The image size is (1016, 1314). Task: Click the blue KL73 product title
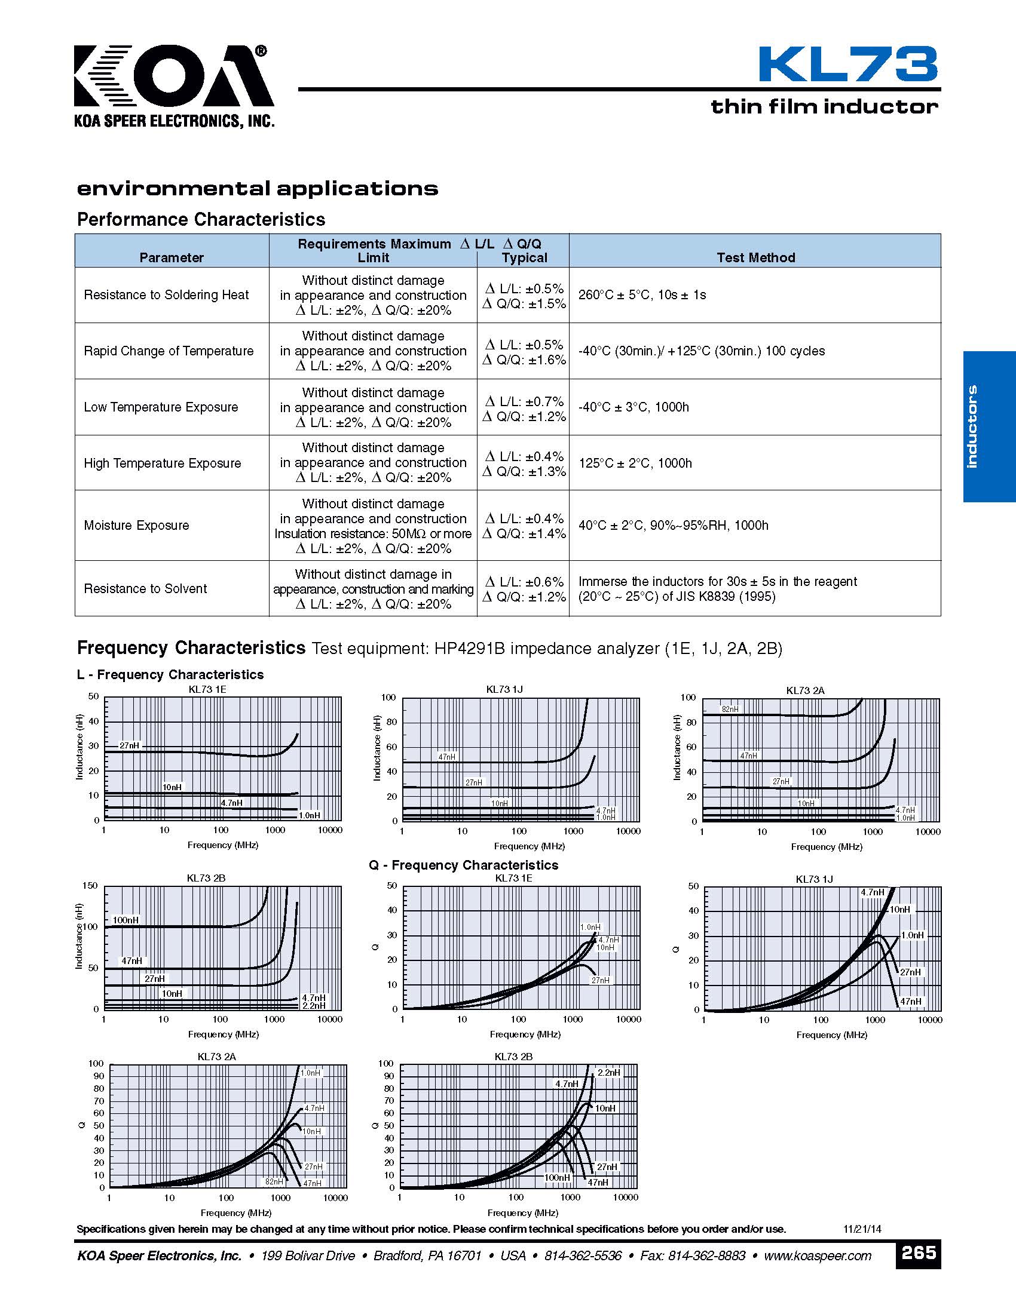[x=847, y=65]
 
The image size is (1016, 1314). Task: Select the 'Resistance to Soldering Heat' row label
[x=166, y=295]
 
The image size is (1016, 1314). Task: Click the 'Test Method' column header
[x=755, y=257]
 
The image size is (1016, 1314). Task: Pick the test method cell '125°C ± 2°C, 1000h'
[x=635, y=463]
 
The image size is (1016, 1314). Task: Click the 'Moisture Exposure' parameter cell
[x=137, y=525]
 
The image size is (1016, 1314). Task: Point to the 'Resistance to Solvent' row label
[x=145, y=588]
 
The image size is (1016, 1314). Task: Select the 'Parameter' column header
[x=172, y=257]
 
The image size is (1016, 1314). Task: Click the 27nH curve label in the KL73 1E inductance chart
[x=129, y=745]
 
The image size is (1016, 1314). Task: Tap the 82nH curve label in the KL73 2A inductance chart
[x=730, y=710]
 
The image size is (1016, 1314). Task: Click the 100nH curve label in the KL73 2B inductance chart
[x=125, y=920]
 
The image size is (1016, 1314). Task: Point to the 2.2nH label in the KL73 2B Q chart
[x=608, y=1073]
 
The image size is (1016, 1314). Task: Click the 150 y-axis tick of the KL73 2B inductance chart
[x=90, y=886]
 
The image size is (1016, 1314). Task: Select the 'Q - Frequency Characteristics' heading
[x=463, y=865]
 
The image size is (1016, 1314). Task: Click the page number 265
[x=918, y=1253]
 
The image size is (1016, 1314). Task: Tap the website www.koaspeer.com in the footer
[x=818, y=1255]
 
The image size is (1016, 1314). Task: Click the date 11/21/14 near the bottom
[x=862, y=1229]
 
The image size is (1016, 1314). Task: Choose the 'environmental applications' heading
[x=258, y=189]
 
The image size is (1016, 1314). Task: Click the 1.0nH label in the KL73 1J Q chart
[x=912, y=935]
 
